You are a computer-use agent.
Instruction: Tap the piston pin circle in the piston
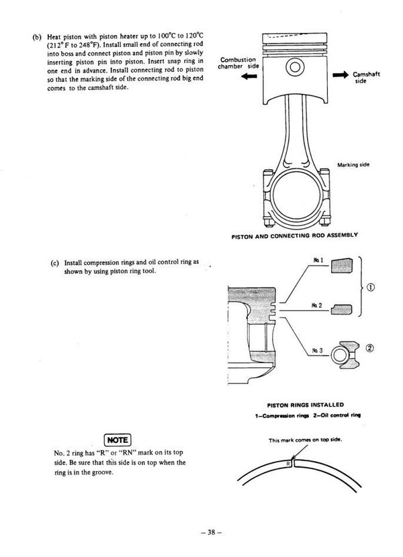pyautogui.click(x=294, y=68)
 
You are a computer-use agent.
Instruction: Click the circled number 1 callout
pyautogui.click(x=372, y=288)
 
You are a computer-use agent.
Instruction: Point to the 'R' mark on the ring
pyautogui.click(x=288, y=462)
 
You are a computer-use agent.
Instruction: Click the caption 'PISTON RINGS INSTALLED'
pyautogui.click(x=306, y=405)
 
